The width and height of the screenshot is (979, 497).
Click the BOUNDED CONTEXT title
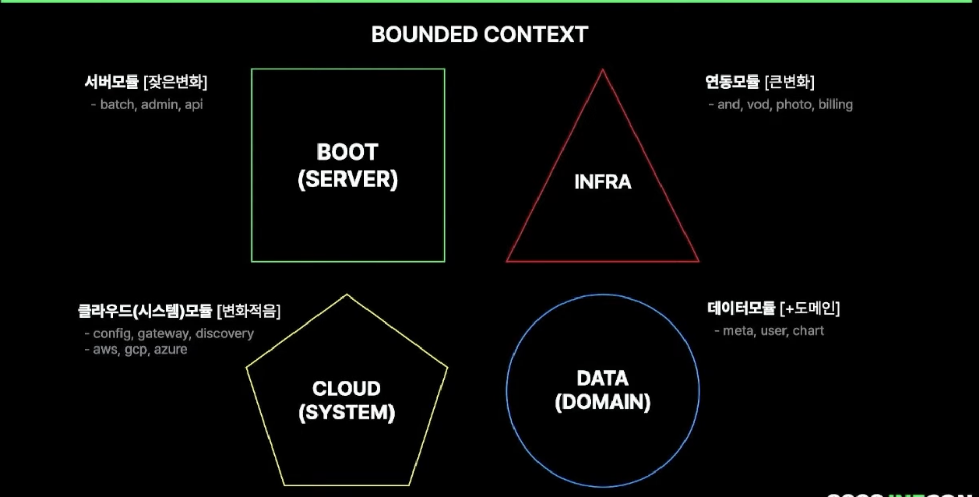[x=479, y=35]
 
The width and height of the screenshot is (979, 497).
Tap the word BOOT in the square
[x=347, y=152]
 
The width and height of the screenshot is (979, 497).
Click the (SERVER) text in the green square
[x=347, y=180]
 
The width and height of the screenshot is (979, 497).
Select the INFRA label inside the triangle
[x=602, y=182]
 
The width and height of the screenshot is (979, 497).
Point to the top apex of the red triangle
[x=602, y=70]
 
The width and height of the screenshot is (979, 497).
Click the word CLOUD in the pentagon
[x=346, y=389]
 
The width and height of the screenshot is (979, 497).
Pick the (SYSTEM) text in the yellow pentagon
[x=346, y=412]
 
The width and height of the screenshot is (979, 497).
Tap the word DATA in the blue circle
[x=602, y=379]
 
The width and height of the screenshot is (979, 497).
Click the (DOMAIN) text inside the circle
[x=602, y=402]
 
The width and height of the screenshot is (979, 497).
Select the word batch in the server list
[x=117, y=105]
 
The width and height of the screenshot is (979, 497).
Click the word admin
[x=159, y=105]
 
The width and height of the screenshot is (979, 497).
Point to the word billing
[x=835, y=105]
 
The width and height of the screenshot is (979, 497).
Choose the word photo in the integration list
[x=794, y=105]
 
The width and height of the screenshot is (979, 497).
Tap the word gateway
[x=163, y=334]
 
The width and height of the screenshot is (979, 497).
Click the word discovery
[x=224, y=334]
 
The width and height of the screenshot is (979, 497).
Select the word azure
[x=170, y=350]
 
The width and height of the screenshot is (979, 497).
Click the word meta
[x=738, y=331]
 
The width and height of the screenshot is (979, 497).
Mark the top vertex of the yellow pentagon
[x=347, y=295]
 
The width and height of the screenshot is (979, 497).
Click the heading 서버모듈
[x=111, y=82]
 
